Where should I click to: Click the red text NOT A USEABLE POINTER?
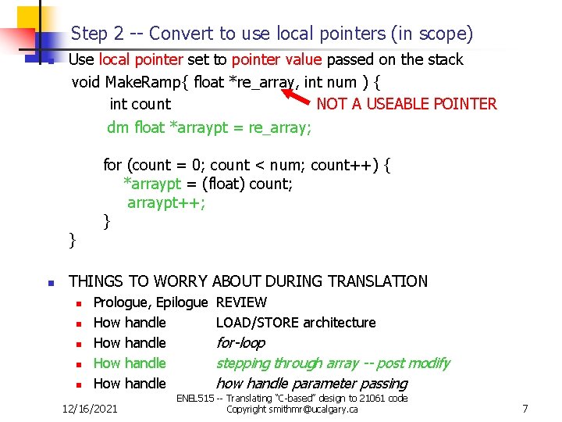coord(406,104)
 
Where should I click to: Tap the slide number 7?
coord(525,408)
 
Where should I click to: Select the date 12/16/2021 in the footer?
coord(91,408)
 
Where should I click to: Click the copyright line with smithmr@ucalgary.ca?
coord(292,409)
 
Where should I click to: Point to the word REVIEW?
coord(241,302)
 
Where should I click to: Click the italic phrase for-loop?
coord(240,343)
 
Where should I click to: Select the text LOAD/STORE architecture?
coord(295,323)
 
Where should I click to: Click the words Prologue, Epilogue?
coord(151,302)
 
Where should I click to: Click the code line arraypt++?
coord(166,203)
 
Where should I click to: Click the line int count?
coord(140,104)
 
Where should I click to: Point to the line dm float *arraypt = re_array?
coord(208,127)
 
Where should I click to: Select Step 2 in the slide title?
coord(98,34)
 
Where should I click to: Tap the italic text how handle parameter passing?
coord(311,384)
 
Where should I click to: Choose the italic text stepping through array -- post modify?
coord(333,363)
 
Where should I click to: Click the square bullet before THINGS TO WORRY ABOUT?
coord(49,282)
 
